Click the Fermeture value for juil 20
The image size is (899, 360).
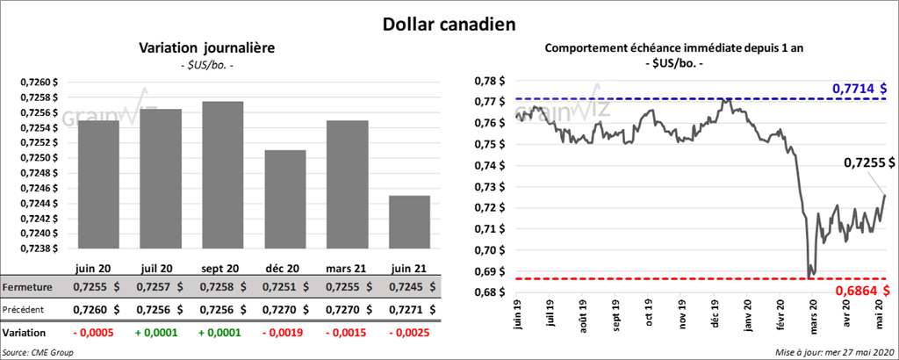coord(160,286)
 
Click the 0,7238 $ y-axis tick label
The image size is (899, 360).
coord(40,248)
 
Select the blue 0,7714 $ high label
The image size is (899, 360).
coord(859,89)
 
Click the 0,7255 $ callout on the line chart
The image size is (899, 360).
coord(869,162)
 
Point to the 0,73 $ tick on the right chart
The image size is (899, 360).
coord(488,187)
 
